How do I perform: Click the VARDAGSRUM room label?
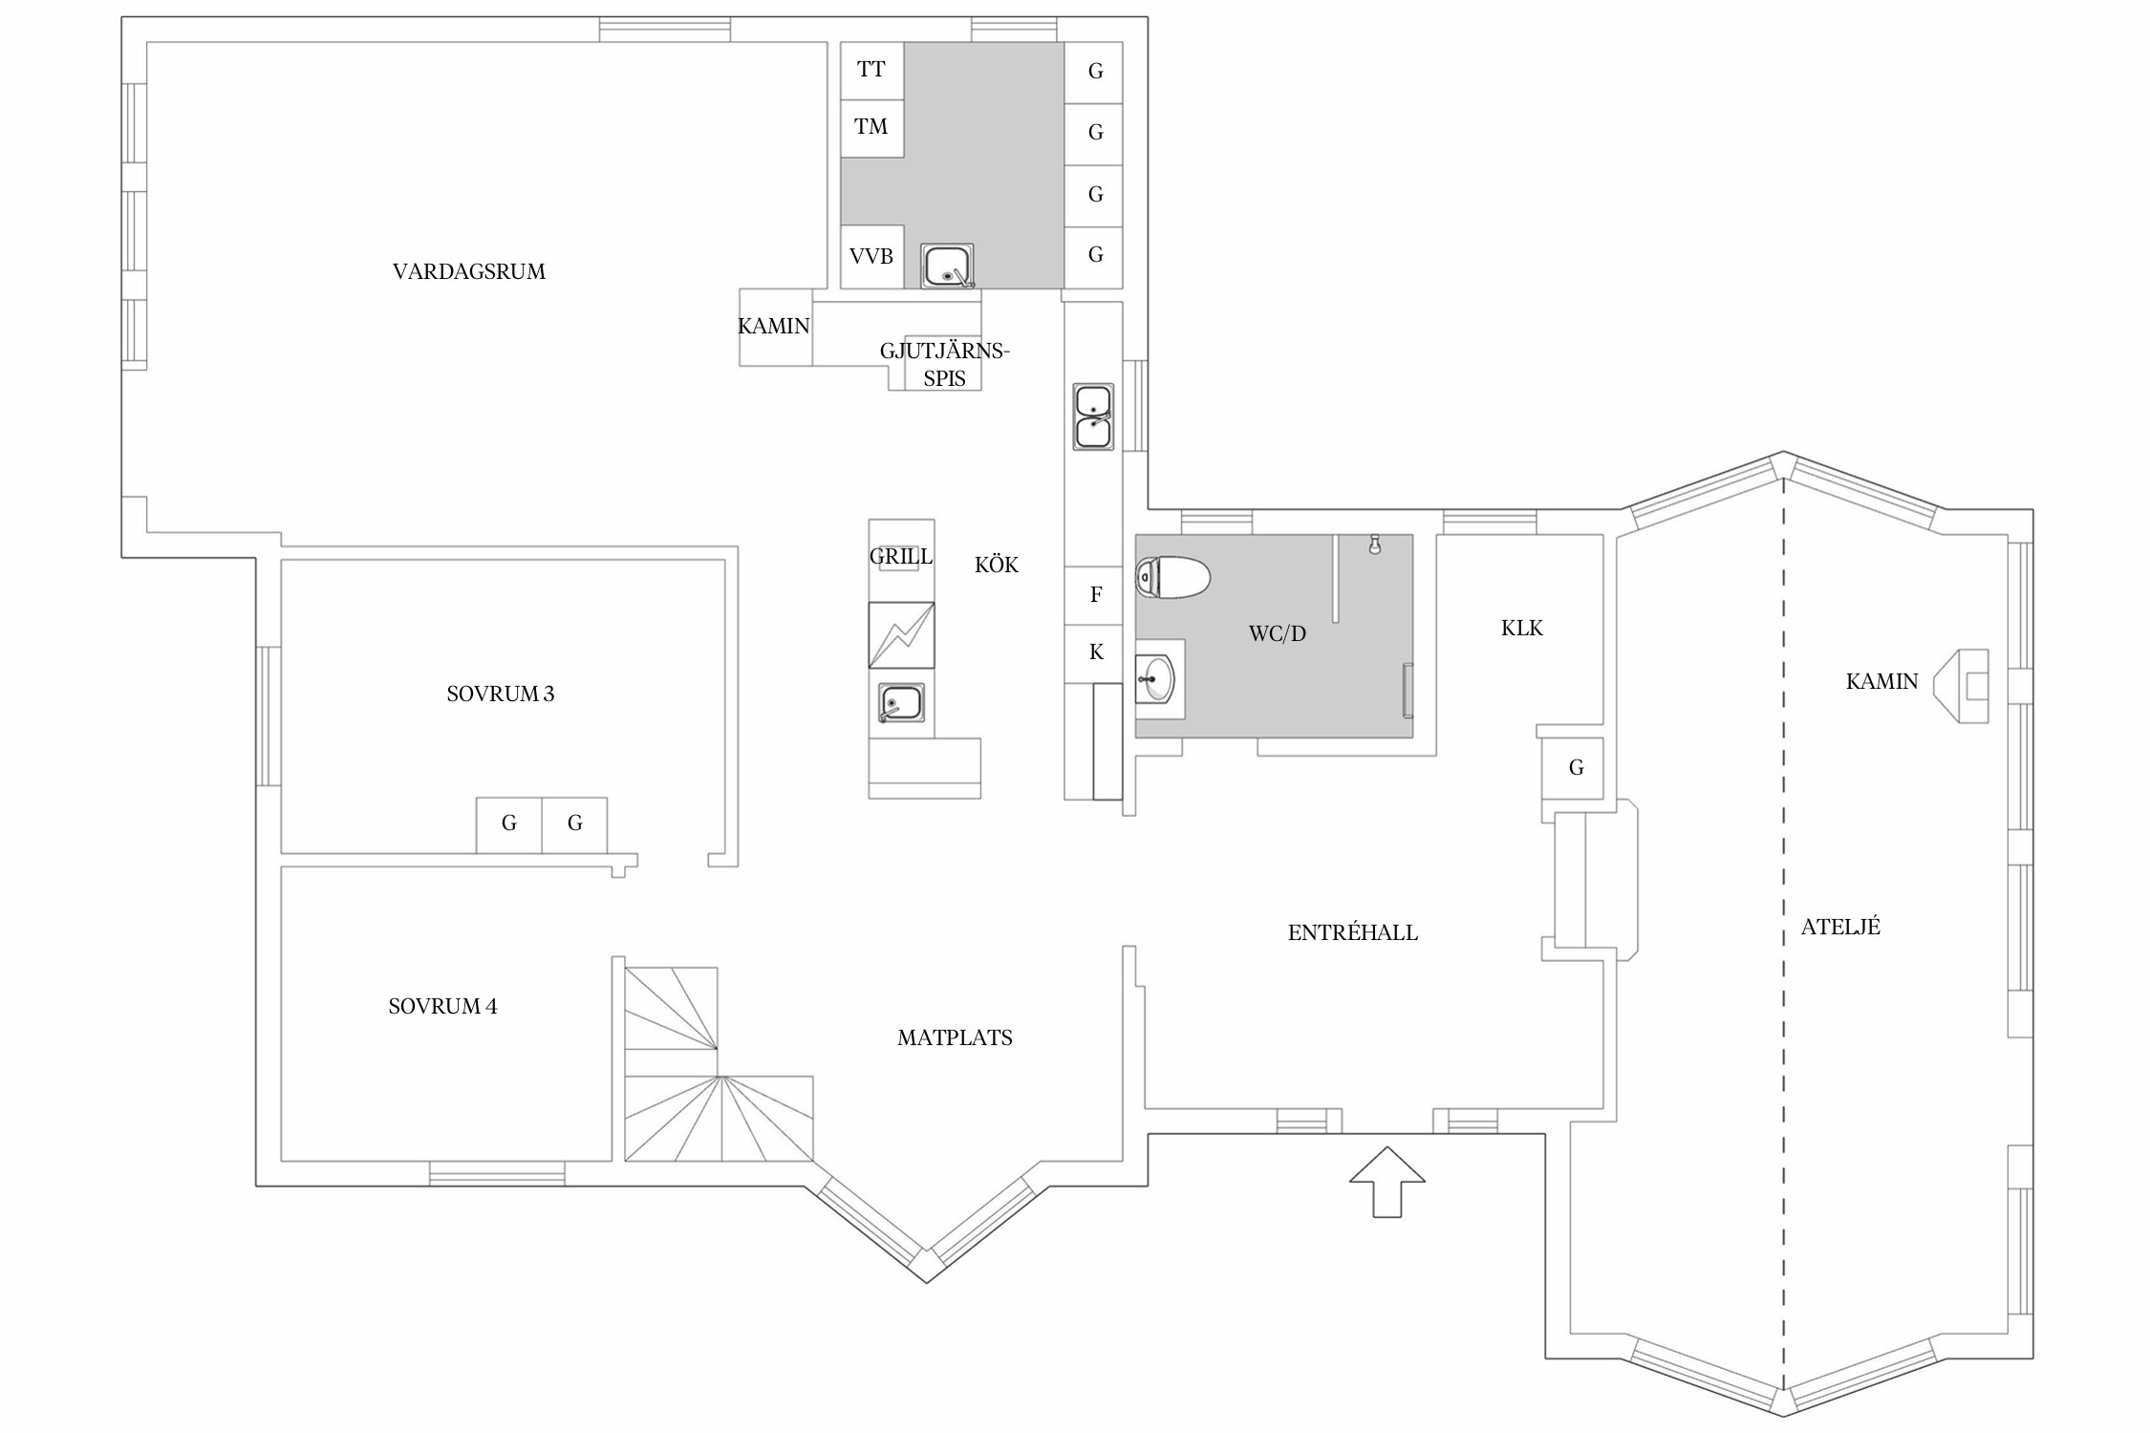[469, 271]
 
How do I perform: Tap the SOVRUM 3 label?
[500, 694]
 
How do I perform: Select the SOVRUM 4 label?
[442, 1006]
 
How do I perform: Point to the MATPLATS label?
[955, 1037]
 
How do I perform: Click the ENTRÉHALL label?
[1353, 932]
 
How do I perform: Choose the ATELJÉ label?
[1840, 926]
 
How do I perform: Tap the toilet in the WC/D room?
[1172, 577]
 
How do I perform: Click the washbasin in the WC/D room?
[1158, 678]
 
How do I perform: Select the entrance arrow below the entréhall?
[1387, 1182]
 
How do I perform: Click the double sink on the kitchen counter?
[1093, 417]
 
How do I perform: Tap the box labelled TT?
[871, 71]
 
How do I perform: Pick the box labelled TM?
[871, 128]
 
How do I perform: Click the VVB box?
[871, 257]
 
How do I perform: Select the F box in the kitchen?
[1094, 596]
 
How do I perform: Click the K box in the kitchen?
[1094, 653]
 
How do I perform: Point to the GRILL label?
[901, 556]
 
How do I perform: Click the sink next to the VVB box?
[948, 266]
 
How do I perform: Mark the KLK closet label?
[1522, 628]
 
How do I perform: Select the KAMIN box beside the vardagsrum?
[775, 327]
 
